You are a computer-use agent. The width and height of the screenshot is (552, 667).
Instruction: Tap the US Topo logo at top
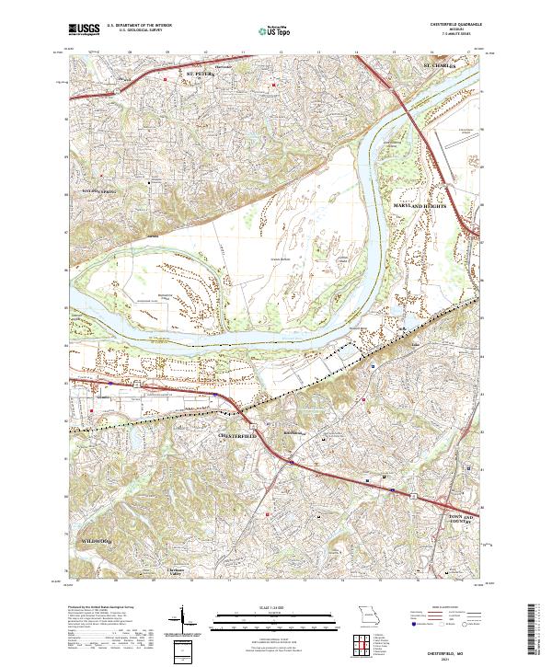pyautogui.click(x=266, y=29)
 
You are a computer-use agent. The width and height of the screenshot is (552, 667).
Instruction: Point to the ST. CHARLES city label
pyautogui.click(x=439, y=66)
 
